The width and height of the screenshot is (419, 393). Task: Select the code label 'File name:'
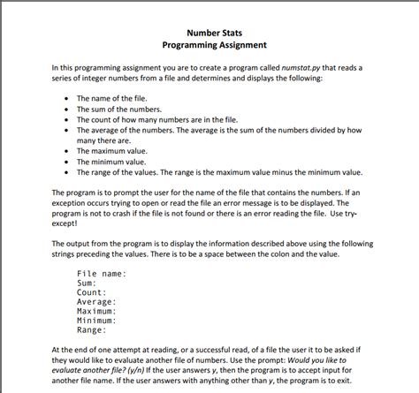pyautogui.click(x=102, y=274)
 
